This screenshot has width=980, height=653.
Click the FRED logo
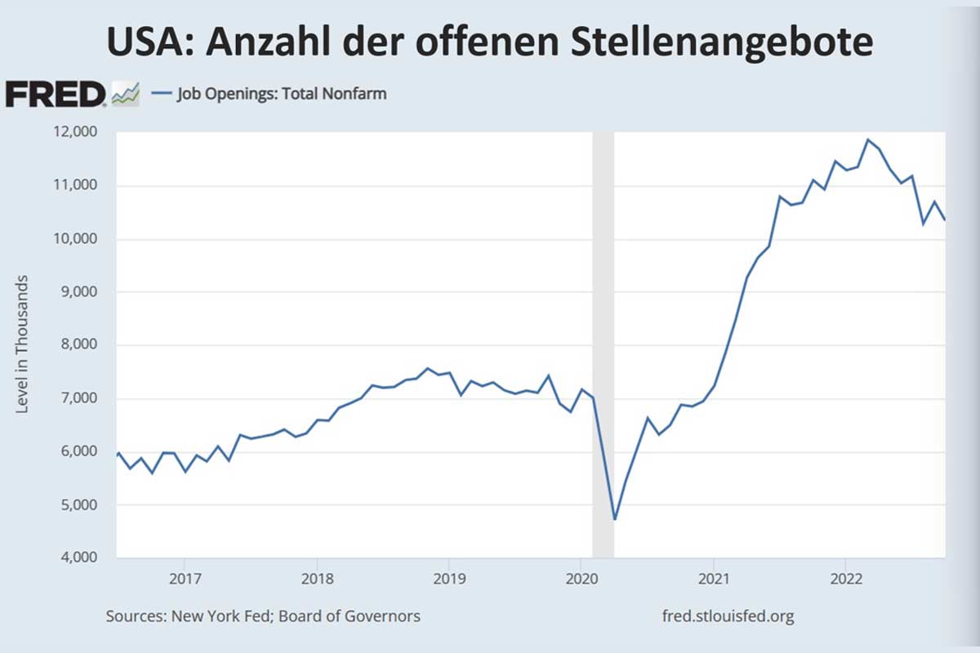[56, 94]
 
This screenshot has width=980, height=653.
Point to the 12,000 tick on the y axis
[75, 132]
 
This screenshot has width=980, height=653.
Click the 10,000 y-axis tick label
[75, 239]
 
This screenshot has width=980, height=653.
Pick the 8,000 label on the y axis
[78, 345]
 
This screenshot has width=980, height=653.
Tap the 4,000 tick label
[78, 558]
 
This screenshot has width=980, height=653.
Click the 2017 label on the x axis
[185, 579]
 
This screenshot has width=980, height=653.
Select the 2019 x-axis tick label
[448, 579]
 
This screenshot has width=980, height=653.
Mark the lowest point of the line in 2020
[614, 519]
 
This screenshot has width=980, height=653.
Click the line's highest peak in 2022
[867, 140]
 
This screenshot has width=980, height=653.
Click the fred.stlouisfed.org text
[728, 615]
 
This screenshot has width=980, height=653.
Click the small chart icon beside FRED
[126, 94]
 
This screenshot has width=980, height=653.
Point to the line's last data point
[945, 220]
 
